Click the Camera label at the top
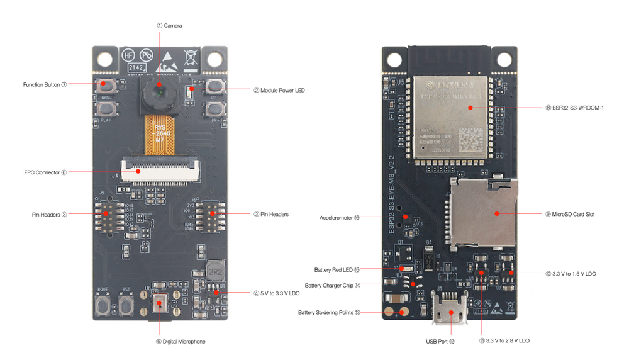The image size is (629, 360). coord(170,25)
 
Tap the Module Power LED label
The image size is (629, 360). coord(279,91)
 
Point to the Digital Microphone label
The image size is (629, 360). coord(181,342)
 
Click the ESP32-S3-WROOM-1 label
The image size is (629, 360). coord(575,108)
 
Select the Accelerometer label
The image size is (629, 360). coord(340,218)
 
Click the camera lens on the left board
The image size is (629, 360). coord(159,93)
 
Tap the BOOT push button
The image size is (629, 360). coord(103,307)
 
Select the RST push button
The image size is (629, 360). coord(127,307)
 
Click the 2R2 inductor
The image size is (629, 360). coord(215,271)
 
